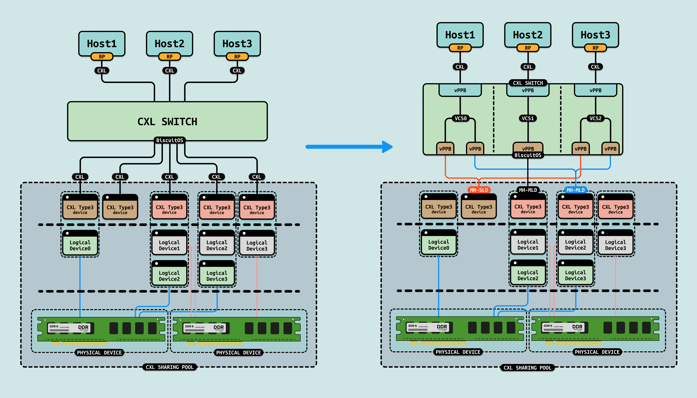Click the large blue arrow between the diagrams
point(349,147)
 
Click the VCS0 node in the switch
point(460,118)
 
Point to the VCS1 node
point(528,118)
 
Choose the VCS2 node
point(595,118)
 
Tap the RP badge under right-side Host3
point(595,48)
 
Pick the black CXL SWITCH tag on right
point(528,83)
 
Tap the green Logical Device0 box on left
point(80,245)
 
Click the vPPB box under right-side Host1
point(460,90)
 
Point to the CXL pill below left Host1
point(102,70)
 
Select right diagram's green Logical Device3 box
point(575,275)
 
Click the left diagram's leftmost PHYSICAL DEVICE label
point(99,353)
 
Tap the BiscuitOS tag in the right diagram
point(528,155)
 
